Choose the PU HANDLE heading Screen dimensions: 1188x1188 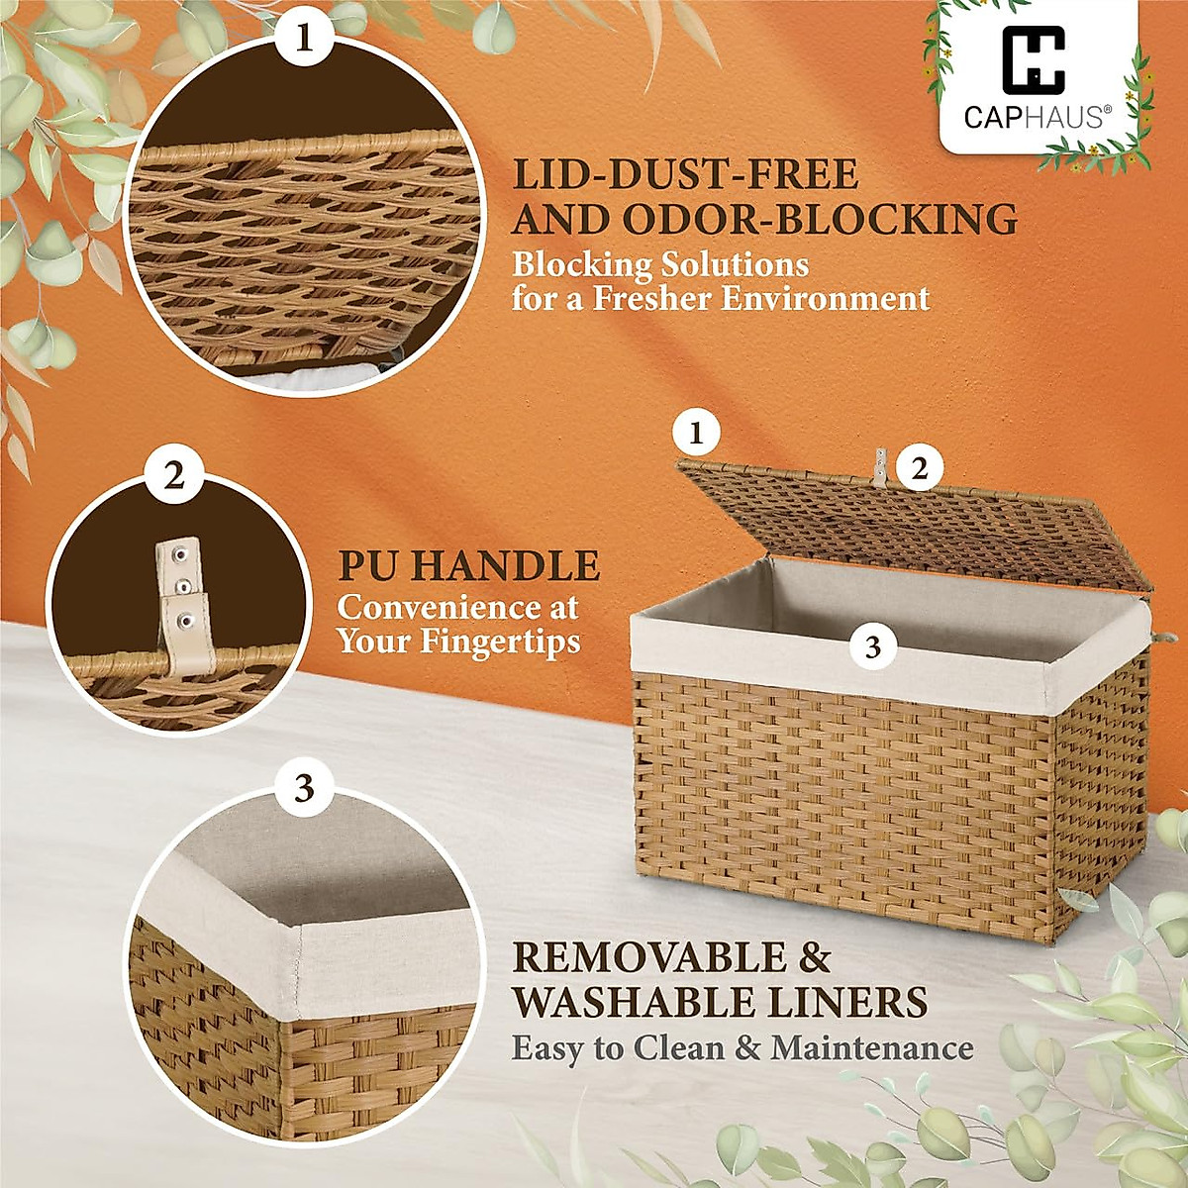(x=468, y=566)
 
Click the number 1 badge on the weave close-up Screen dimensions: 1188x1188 (x=303, y=43)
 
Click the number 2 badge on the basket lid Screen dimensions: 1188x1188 (x=920, y=469)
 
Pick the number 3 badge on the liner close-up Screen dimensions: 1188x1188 (x=303, y=790)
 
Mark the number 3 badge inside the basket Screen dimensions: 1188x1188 (x=872, y=647)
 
